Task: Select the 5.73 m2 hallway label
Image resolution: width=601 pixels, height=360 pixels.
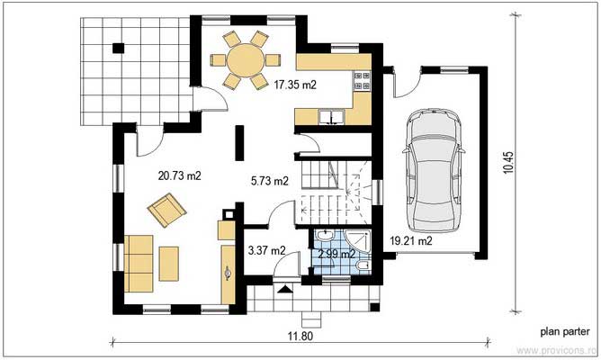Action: point(269,181)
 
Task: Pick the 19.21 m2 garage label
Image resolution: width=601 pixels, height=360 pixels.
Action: point(410,241)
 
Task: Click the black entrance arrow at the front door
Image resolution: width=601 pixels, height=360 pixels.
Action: point(286,290)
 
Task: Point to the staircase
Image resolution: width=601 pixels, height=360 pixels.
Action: point(334,190)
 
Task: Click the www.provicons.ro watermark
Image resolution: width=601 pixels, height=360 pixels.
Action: point(556,351)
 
